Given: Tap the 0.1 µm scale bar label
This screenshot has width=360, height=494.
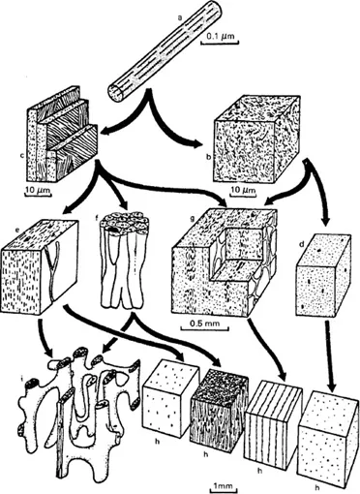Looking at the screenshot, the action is click(220, 36).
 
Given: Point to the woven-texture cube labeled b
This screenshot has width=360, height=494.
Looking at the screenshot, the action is click(255, 141).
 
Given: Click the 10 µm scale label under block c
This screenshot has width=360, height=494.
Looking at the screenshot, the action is click(38, 190).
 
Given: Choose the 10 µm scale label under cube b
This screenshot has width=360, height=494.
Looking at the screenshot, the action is click(243, 190).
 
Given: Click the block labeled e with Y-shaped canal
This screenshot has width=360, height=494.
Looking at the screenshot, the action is click(40, 266).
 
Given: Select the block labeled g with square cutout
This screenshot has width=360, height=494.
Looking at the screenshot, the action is click(225, 261).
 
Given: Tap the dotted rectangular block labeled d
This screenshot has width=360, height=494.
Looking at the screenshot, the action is click(323, 276).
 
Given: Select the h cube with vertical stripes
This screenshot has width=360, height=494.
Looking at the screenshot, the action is click(274, 429).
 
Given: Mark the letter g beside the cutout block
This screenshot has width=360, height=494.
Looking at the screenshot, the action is click(193, 218).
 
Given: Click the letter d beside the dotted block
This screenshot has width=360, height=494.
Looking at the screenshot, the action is click(302, 244).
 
